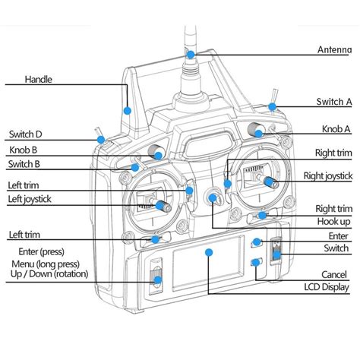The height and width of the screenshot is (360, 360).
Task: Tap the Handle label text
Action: [38, 79]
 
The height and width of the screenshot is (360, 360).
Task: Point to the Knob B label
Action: [24, 150]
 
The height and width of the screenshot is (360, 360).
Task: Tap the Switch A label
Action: [333, 102]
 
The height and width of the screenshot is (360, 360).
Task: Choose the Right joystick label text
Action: [328, 176]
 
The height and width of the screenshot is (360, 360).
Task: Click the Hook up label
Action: [333, 221]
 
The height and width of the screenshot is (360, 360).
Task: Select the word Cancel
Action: [333, 273]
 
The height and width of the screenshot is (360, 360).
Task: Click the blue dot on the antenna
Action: [190, 55]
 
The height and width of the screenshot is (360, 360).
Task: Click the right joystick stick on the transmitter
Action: [267, 180]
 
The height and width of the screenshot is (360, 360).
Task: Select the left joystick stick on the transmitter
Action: [159, 205]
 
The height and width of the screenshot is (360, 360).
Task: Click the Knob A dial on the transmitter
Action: [258, 131]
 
